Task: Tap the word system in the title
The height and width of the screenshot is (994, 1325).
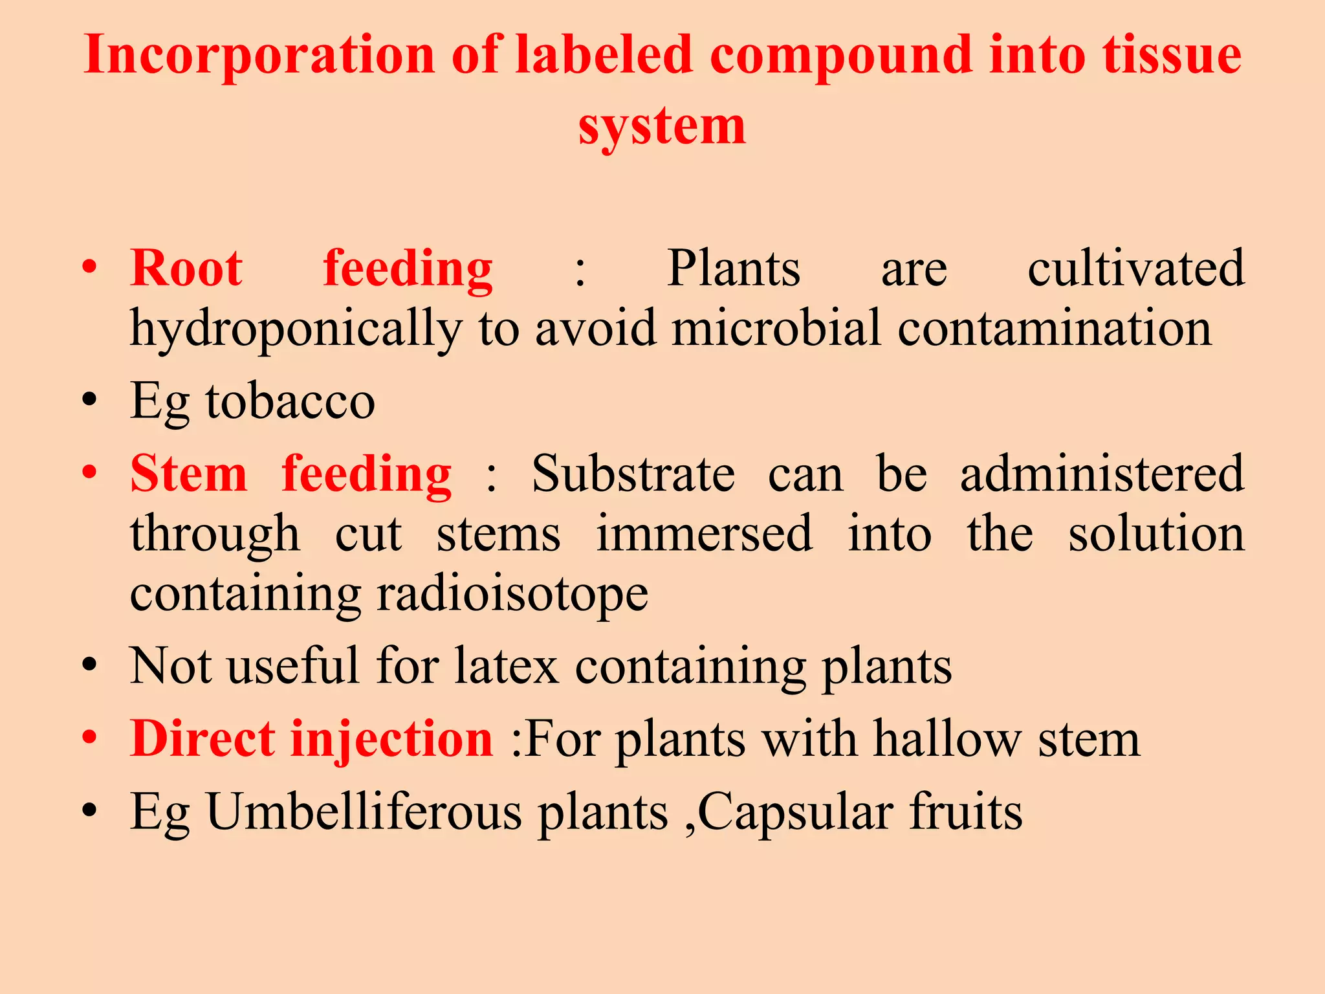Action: tap(662, 126)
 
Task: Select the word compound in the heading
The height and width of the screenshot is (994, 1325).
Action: tap(841, 54)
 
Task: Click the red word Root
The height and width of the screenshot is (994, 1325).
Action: tap(186, 268)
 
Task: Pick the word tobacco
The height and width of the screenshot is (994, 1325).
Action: tap(290, 401)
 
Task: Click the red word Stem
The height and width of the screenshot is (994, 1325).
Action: tap(189, 474)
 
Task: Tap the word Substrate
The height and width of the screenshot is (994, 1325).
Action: tap(633, 474)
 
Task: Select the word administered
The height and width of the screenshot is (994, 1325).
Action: tap(1102, 474)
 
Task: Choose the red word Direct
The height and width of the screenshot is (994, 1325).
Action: tap(203, 739)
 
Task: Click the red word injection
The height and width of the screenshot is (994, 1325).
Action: tap(391, 739)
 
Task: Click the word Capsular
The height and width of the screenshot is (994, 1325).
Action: tap(796, 812)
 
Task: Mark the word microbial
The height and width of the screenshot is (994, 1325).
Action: tap(776, 329)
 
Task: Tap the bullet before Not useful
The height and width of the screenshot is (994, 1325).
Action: tap(90, 665)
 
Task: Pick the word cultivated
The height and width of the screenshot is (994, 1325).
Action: tap(1135, 268)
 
